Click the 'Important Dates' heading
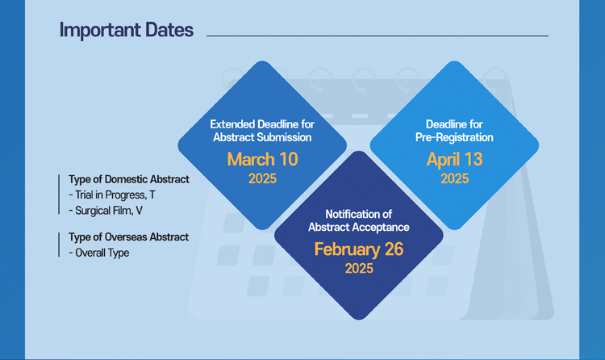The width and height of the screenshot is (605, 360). coord(126,31)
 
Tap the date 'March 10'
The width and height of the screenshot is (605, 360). coord(262,159)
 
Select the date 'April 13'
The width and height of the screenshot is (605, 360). coord(454,160)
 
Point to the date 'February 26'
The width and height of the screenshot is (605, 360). coord(359,249)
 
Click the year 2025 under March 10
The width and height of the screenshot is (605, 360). coord(262,178)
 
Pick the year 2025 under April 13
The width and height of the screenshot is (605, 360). coord(454,178)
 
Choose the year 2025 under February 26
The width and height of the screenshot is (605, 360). coord(359,269)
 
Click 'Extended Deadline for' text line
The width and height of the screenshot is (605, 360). coord(262,124)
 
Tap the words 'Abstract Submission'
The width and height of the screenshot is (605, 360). coord(262,137)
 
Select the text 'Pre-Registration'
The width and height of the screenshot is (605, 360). coord(454,137)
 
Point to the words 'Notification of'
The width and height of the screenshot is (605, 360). coord(359,214)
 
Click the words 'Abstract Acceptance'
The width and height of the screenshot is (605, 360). coord(359,227)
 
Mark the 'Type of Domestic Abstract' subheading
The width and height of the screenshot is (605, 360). coord(129,179)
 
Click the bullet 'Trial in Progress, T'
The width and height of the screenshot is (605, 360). coord(112,195)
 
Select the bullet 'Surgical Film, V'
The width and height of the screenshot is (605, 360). coord(106,211)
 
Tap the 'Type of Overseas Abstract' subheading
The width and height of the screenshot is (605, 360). coord(128,237)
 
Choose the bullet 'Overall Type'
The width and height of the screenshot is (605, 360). coord(98,253)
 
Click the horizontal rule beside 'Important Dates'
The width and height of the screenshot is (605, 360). coord(378,36)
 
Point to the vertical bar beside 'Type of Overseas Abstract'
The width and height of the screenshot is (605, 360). coord(59,245)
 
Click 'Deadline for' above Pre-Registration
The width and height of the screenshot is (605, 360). coord(454,124)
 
